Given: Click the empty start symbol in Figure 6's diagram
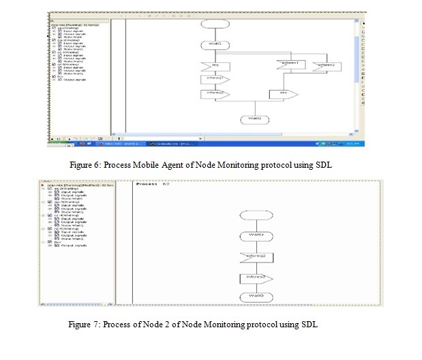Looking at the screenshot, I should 213,23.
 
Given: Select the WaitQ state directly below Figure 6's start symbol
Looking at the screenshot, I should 213,45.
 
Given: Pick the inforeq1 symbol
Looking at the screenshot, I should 213,80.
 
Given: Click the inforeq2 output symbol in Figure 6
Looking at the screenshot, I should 213,94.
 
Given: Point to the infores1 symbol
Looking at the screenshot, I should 290,65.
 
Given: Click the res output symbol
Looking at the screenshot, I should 282,94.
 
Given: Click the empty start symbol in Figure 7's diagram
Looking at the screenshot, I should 256,216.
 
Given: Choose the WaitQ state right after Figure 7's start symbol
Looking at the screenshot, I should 256,237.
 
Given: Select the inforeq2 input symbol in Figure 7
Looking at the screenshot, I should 256,258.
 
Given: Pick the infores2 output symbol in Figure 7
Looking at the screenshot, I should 256,278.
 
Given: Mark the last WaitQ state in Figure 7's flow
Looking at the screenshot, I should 256,297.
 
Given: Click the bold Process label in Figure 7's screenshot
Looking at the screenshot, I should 147,184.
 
